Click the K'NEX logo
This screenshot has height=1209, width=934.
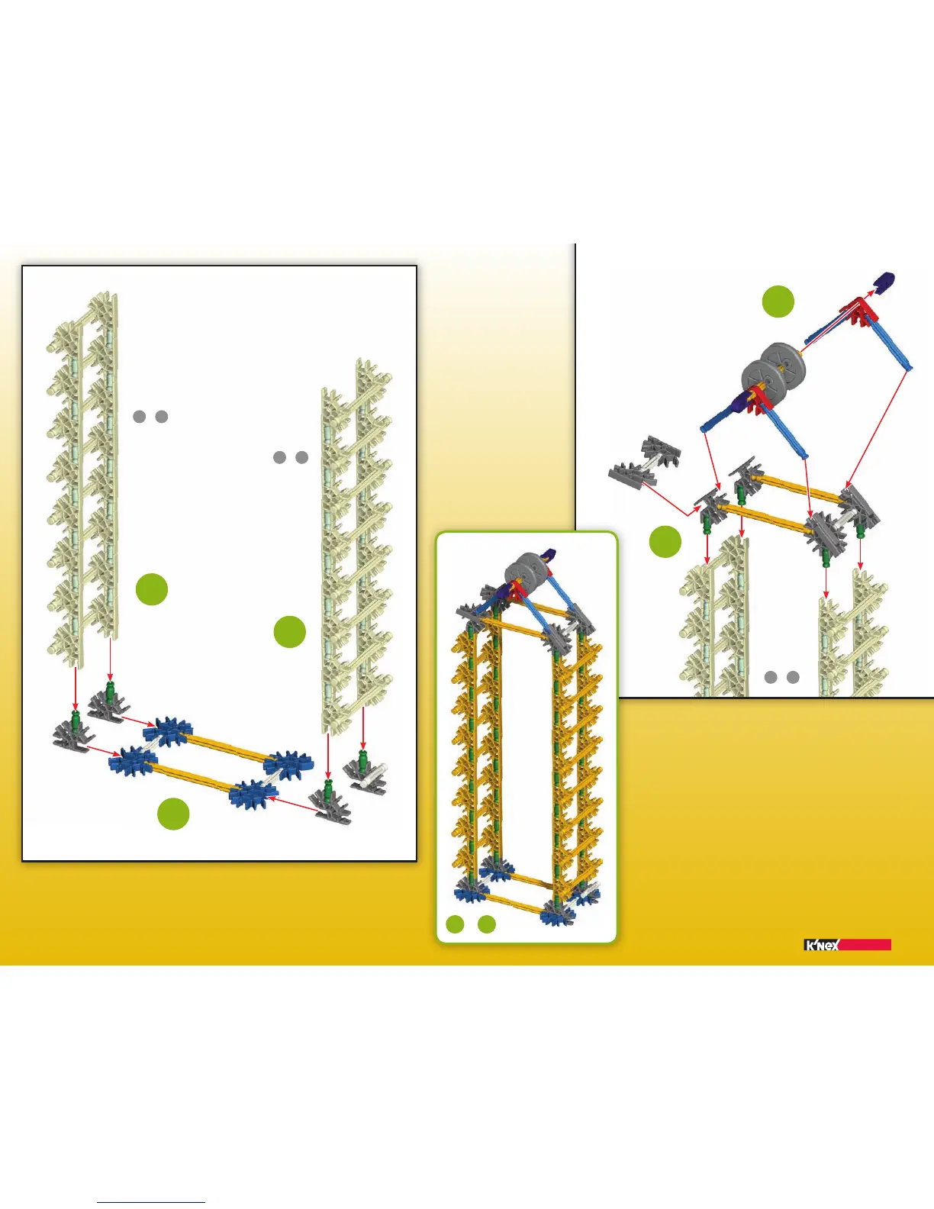coord(822,945)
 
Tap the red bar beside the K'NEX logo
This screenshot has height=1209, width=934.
coord(865,945)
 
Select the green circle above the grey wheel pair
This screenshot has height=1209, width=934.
coord(778,301)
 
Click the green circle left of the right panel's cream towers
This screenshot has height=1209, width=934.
coord(665,541)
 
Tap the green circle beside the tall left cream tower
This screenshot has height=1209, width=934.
coord(152,589)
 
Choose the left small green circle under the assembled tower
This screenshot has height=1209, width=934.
coord(455,924)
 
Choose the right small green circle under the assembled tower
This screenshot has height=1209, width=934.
coord(487,924)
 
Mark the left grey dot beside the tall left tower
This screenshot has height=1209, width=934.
coord(139,417)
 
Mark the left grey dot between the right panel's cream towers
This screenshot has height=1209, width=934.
coord(771,677)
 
